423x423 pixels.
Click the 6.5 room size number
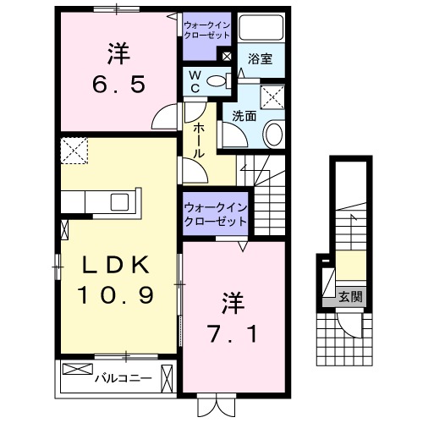(118, 85)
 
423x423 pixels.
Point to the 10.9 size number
(116, 295)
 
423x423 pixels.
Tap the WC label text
(194, 83)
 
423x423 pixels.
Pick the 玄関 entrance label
(350, 297)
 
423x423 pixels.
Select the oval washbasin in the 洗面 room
(273, 133)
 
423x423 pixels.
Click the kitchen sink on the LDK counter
(118, 202)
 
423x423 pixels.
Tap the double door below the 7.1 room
(214, 405)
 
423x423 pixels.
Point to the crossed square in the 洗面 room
(273, 97)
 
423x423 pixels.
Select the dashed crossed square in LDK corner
(74, 152)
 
